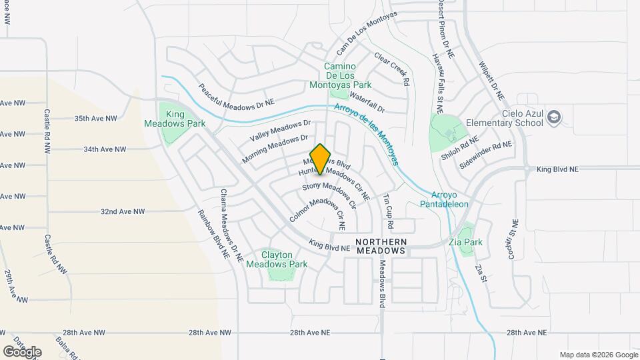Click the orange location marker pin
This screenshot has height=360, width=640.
[321, 159]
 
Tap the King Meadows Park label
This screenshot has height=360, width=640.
[175, 119]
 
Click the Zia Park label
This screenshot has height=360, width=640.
[466, 242]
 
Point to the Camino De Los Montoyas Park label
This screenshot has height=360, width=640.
[340, 75]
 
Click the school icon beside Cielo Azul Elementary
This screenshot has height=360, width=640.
[553, 118]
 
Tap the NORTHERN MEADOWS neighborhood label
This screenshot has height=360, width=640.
[381, 246]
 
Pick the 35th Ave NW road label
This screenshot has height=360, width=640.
[95, 118]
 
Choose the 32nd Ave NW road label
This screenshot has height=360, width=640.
[123, 211]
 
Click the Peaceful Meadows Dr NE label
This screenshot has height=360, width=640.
[237, 96]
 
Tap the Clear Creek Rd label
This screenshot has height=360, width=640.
[391, 69]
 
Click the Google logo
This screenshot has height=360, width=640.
[22, 351]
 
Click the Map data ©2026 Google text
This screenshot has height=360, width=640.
[599, 355]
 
